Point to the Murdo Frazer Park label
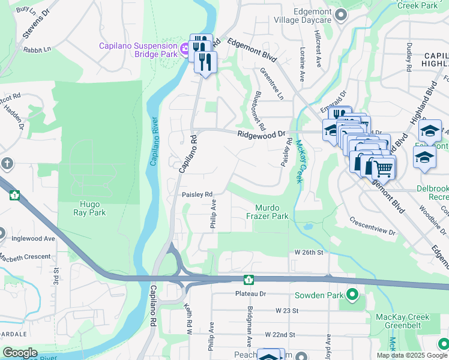pos(267,211)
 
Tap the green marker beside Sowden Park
pos(352,295)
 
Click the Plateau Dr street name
pos(250,294)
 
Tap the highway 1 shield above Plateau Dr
pos(248,280)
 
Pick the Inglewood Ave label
pos(34,238)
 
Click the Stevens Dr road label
pos(33,25)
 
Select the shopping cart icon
pos(384,169)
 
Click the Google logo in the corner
pos(19,353)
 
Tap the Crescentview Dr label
pos(372,228)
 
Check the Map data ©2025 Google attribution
pos(411,355)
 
